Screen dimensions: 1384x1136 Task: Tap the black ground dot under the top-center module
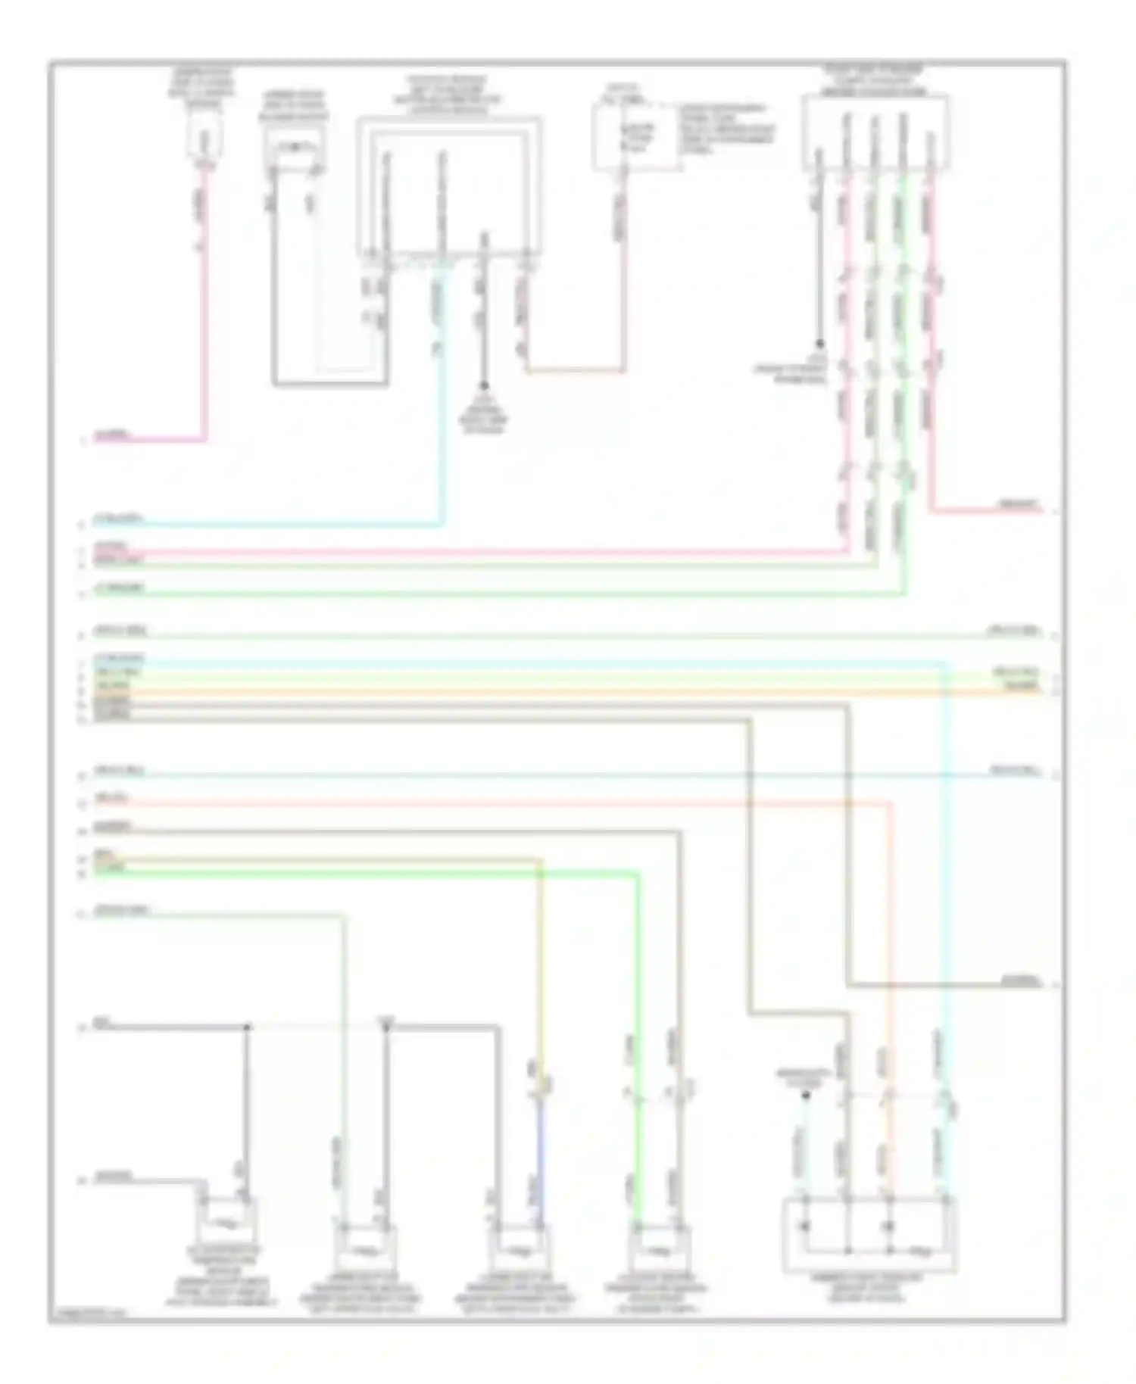click(484, 385)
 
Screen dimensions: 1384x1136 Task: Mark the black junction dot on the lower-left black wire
click(247, 1027)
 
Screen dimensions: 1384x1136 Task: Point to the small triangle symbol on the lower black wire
click(386, 1027)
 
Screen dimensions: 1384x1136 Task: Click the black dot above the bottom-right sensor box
click(806, 1096)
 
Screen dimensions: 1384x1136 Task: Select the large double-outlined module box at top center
click(448, 185)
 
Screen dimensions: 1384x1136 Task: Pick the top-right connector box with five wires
click(875, 133)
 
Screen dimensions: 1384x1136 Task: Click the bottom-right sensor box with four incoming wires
click(869, 1235)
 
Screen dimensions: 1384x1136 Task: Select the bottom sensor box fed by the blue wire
click(518, 1244)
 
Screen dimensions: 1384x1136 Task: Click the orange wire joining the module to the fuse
click(576, 371)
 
